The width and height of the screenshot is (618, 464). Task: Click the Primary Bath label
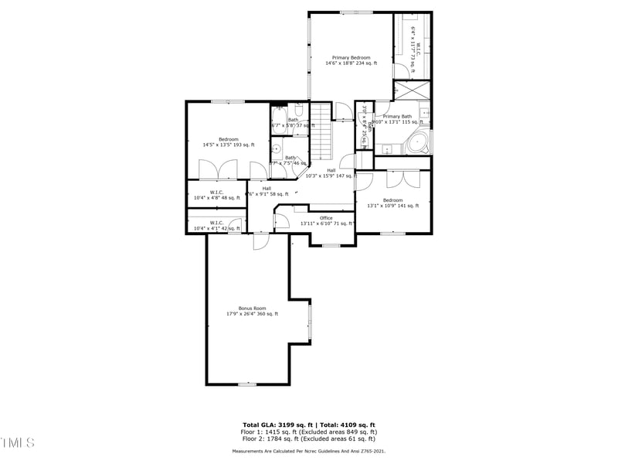397,117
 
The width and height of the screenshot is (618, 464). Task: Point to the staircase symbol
321,139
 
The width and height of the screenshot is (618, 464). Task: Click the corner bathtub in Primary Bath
418,143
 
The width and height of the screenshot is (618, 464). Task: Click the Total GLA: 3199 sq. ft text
272,425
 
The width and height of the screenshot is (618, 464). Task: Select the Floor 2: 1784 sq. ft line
309,438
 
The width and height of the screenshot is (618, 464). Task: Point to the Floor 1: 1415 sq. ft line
309,432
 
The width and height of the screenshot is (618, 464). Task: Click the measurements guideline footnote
309,450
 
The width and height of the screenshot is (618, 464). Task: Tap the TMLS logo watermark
18,442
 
